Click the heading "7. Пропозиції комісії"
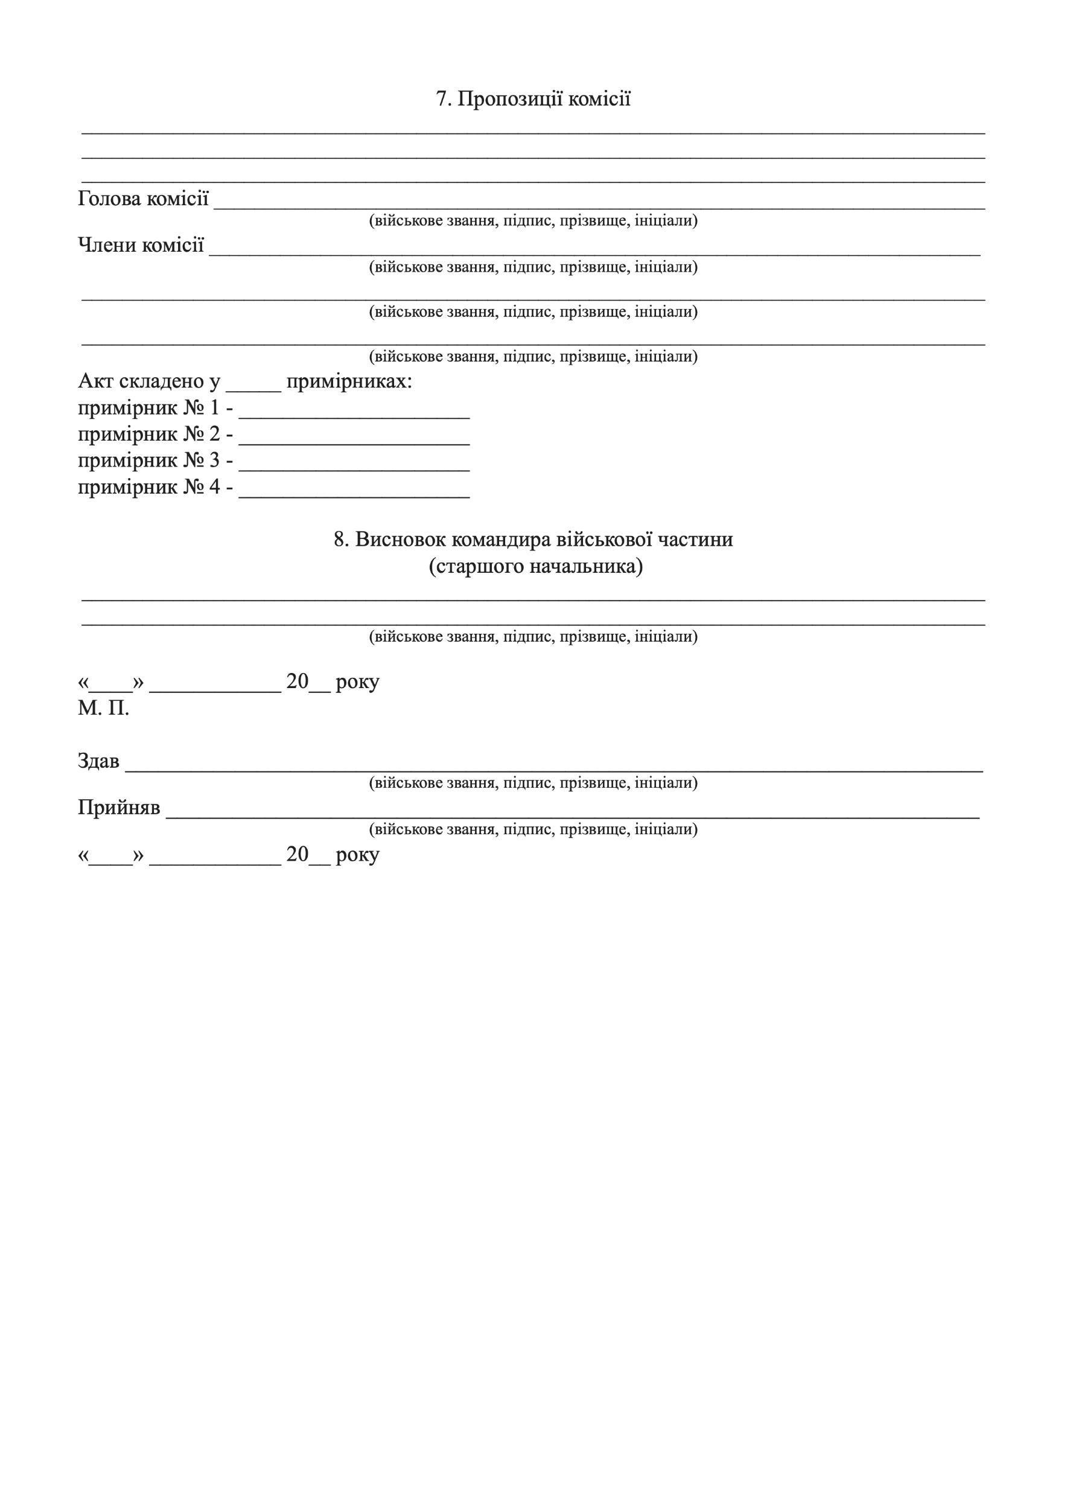(533, 99)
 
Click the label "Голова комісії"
(143, 199)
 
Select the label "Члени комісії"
(141, 245)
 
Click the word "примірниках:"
(349, 381)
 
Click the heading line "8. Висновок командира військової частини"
(533, 540)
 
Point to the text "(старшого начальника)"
(535, 566)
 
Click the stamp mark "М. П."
(103, 709)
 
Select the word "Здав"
(98, 761)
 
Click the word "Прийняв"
(119, 807)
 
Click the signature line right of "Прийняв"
(572, 815)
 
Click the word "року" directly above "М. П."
(357, 682)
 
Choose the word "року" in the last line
(357, 855)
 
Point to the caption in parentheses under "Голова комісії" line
(533, 220)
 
